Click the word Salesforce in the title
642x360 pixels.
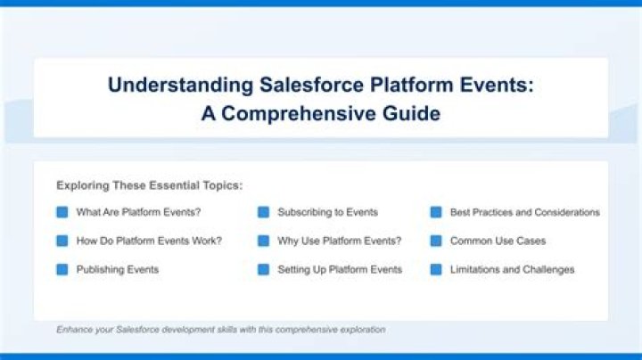coord(311,85)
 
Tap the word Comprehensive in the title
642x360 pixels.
coord(298,113)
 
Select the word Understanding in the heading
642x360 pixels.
coord(180,86)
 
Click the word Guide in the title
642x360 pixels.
coord(411,113)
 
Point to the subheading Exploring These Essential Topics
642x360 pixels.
coord(150,185)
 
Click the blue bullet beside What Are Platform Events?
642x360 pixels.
coord(62,212)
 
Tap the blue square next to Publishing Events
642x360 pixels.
coord(62,270)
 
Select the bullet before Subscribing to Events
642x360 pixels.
coord(263,212)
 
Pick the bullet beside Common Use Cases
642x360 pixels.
coord(436,241)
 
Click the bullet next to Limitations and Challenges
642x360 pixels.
coord(436,270)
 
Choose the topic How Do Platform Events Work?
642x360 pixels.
coord(149,241)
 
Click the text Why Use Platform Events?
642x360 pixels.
coord(340,241)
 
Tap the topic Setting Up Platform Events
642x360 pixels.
coord(340,270)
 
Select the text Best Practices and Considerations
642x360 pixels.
coord(525,212)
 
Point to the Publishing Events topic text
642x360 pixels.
coord(118,270)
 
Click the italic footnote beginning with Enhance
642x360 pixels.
coord(221,330)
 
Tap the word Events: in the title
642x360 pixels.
coord(497,85)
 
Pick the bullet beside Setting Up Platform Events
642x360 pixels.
coord(263,270)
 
